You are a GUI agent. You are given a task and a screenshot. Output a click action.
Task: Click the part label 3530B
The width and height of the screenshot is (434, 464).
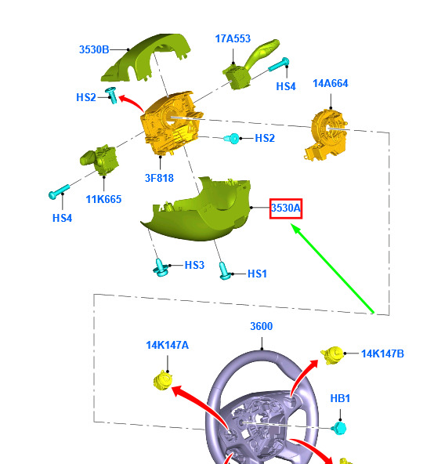[94, 49]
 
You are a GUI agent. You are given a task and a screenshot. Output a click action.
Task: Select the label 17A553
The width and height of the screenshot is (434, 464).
[233, 38]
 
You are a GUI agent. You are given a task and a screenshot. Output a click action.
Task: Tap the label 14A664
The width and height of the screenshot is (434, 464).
[331, 83]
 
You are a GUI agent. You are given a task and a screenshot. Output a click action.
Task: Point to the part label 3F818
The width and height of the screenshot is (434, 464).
[159, 178]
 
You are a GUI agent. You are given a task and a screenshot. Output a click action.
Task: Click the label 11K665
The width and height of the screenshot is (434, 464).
[103, 199]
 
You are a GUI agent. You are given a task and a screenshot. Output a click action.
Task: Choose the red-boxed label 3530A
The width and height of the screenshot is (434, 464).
[286, 208]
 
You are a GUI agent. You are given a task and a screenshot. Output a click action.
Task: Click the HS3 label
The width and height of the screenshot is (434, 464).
[194, 265]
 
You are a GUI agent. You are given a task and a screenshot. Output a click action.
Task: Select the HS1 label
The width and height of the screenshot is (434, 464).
[257, 274]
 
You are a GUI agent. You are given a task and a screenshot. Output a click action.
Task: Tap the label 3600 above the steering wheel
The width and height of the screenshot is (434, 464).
[262, 326]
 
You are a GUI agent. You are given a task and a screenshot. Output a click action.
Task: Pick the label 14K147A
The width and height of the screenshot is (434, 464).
[167, 345]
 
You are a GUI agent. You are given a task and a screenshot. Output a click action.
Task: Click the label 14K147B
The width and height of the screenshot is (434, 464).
[382, 353]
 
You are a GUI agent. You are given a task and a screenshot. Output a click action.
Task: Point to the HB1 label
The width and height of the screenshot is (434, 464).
[340, 398]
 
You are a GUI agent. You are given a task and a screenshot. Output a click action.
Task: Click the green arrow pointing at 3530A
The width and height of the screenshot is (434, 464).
[332, 268]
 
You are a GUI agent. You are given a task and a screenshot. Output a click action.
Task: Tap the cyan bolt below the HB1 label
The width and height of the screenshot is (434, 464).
[339, 428]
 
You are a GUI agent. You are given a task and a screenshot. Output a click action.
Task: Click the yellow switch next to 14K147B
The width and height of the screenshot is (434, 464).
[332, 355]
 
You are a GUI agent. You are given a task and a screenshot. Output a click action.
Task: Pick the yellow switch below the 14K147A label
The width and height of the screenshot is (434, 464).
[163, 380]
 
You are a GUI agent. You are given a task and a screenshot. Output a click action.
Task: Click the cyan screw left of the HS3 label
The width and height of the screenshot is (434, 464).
[161, 267]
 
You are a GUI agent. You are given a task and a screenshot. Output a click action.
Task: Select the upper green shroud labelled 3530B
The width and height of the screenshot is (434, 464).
[146, 57]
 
